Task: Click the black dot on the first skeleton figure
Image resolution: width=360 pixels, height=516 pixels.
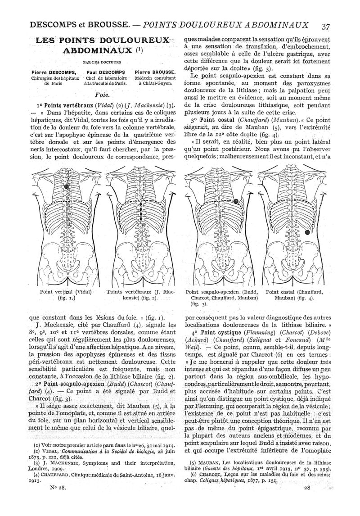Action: tap(67, 186)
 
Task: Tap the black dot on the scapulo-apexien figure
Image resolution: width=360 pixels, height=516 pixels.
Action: tap(235, 201)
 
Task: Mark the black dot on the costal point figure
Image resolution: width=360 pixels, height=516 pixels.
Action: tap(307, 232)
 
